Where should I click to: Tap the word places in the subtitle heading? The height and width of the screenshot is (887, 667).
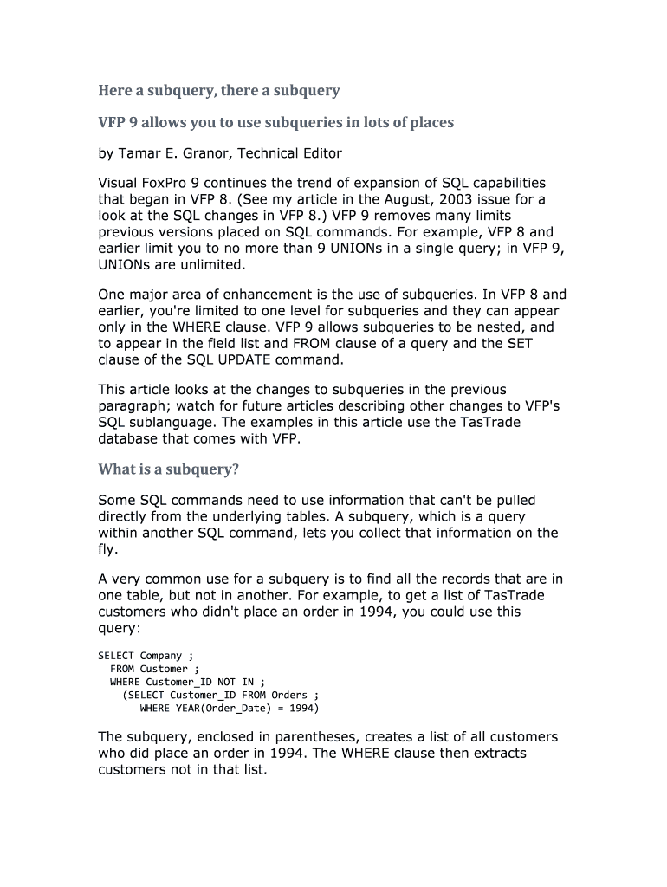coord(428,122)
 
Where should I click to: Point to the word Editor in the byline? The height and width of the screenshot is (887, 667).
coord(319,153)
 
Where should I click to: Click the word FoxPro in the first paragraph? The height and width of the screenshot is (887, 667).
coord(177,184)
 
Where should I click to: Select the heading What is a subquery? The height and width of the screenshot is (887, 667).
coord(168,469)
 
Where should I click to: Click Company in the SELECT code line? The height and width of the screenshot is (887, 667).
coord(161,656)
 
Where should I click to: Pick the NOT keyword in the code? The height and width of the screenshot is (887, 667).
coord(226,682)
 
